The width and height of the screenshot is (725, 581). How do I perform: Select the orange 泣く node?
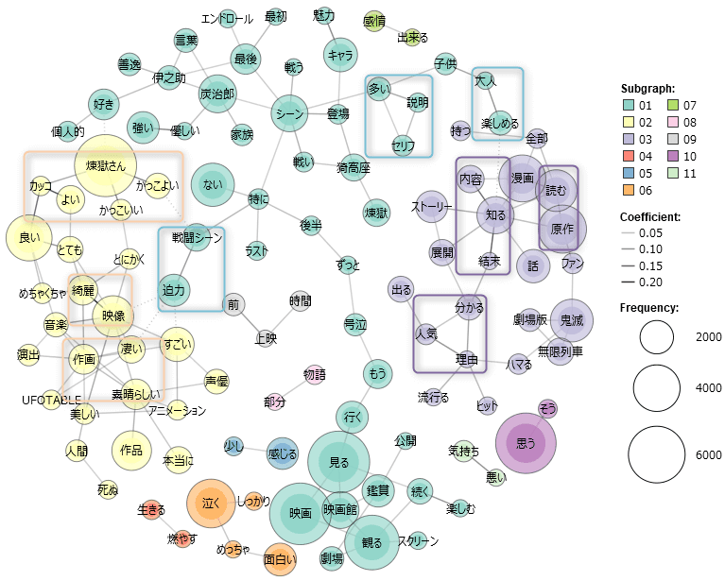click(x=211, y=504)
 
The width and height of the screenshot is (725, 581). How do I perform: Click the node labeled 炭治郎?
click(x=217, y=94)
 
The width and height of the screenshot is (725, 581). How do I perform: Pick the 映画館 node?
click(x=340, y=509)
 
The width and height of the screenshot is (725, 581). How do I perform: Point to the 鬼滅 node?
click(x=572, y=320)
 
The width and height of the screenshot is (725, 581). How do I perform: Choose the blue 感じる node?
click(x=283, y=453)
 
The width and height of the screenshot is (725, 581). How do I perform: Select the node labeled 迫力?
click(x=175, y=288)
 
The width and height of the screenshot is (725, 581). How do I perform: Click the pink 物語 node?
click(x=315, y=375)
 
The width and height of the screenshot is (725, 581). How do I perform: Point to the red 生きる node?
click(x=151, y=510)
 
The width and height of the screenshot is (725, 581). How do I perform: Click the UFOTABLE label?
click(x=52, y=400)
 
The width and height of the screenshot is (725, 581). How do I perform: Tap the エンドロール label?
click(x=228, y=18)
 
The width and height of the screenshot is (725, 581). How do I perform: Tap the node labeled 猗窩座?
click(x=354, y=168)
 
